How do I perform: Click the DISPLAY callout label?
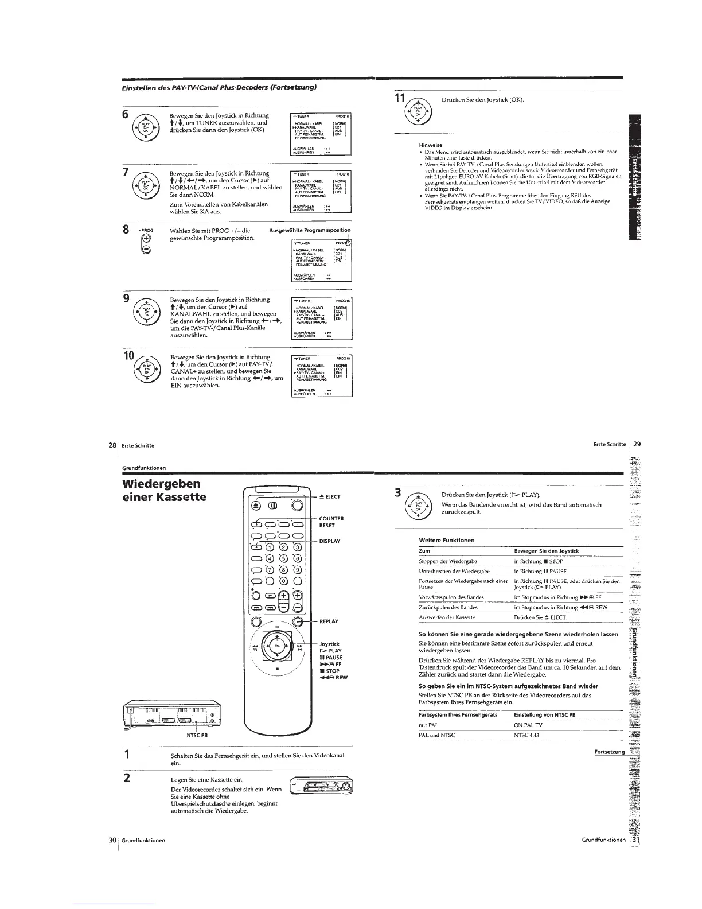point(330,541)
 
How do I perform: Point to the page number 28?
point(112,445)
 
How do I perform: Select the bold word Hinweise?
point(431,145)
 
